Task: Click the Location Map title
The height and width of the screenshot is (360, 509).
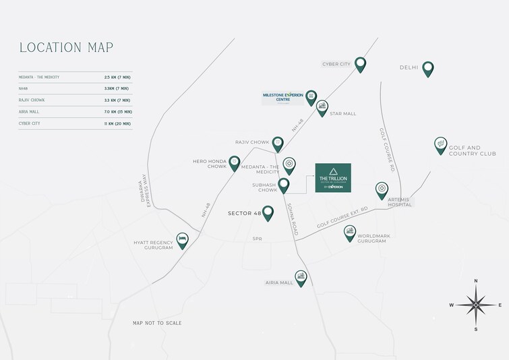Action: [66, 47]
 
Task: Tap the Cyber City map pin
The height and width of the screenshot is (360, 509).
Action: [361, 64]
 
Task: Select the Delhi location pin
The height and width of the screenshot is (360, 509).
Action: [427, 68]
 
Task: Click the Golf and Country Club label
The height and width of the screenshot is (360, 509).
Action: [472, 150]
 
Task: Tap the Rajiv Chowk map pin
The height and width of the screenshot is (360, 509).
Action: [278, 143]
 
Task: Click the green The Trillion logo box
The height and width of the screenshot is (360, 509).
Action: [332, 177]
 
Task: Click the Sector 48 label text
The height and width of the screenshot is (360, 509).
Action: [244, 214]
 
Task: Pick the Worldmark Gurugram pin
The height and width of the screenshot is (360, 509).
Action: [349, 232]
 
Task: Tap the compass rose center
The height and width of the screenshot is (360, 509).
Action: [476, 305]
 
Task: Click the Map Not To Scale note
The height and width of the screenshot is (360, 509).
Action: [157, 323]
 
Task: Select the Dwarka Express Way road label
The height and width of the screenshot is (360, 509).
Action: [143, 190]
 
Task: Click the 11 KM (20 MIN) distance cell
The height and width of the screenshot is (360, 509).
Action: [117, 123]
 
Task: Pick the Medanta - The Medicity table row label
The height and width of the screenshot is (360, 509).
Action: [40, 78]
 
